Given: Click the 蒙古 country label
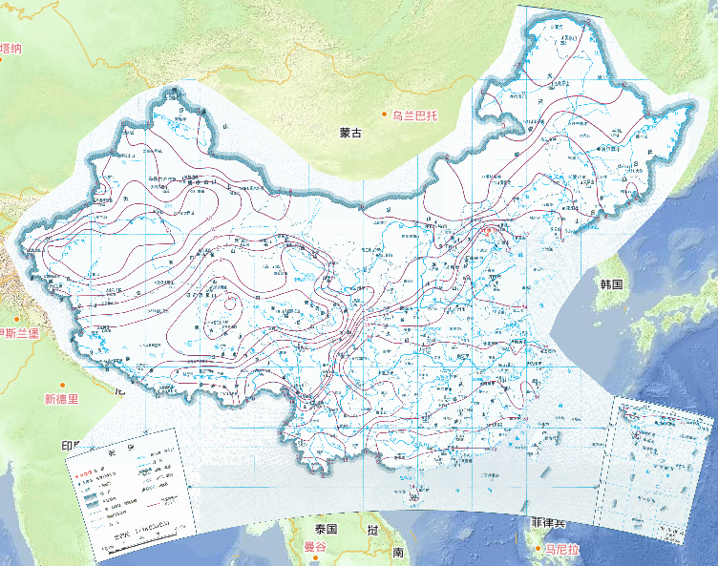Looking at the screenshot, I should click(x=350, y=134).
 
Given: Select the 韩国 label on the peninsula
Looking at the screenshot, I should click(x=611, y=284).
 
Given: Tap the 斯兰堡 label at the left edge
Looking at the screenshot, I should click(x=19, y=333).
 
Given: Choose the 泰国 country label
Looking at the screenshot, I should click(x=326, y=529).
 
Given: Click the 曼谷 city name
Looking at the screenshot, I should click(x=315, y=547).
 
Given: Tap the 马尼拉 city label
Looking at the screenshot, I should click(x=563, y=551).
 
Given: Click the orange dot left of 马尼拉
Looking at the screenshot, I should click(x=538, y=550).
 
